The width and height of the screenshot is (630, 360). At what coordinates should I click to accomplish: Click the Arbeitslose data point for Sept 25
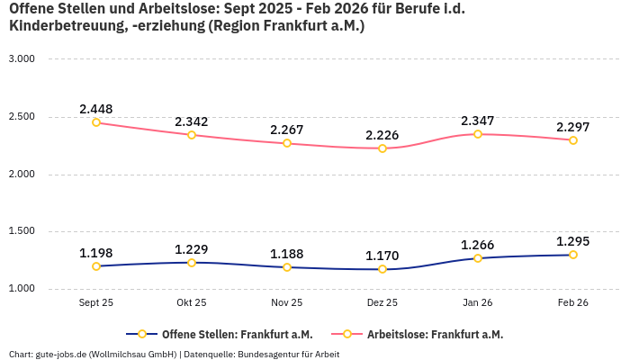coord(96,122)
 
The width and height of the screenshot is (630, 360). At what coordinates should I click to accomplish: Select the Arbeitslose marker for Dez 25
coord(382,148)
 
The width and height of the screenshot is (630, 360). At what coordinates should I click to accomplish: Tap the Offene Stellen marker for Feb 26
coord(573,255)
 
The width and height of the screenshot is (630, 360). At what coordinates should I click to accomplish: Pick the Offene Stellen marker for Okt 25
coord(192,262)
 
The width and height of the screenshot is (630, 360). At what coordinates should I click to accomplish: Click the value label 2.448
coord(96,109)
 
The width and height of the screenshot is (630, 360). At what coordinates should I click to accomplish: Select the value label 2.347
coord(478,121)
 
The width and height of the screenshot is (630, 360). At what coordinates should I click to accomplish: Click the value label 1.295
coord(573,241)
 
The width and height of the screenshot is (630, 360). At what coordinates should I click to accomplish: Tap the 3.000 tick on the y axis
coord(21,59)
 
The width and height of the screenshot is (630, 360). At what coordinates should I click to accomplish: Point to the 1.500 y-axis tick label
coord(21,231)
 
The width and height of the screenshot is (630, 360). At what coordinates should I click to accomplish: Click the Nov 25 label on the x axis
coord(287,303)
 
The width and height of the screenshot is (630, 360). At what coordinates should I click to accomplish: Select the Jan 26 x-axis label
coord(478,303)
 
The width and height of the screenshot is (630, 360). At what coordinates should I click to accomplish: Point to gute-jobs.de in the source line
coord(58,355)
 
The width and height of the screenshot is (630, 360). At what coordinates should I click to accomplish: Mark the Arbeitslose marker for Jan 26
coord(478,134)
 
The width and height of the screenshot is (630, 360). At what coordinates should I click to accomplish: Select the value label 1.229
coord(192,248)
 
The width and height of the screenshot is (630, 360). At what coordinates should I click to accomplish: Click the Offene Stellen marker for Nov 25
coord(287,267)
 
